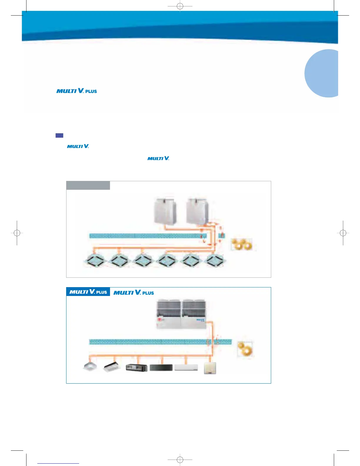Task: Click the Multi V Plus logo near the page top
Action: pos(76,91)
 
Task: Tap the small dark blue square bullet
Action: pos(59,136)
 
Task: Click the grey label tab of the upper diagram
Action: pos(88,185)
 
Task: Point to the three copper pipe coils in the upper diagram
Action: pos(242,244)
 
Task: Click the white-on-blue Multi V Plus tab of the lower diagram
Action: pos(88,292)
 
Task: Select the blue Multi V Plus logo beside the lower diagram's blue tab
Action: pos(134,292)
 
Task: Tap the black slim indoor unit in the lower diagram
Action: pos(161,367)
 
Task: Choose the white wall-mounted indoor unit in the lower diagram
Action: pos(186,367)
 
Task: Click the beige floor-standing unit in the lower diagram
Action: pos(210,368)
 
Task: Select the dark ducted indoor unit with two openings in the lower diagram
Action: pos(136,368)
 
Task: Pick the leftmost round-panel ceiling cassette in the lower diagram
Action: pos(90,367)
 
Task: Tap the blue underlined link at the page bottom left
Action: pos(58,463)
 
